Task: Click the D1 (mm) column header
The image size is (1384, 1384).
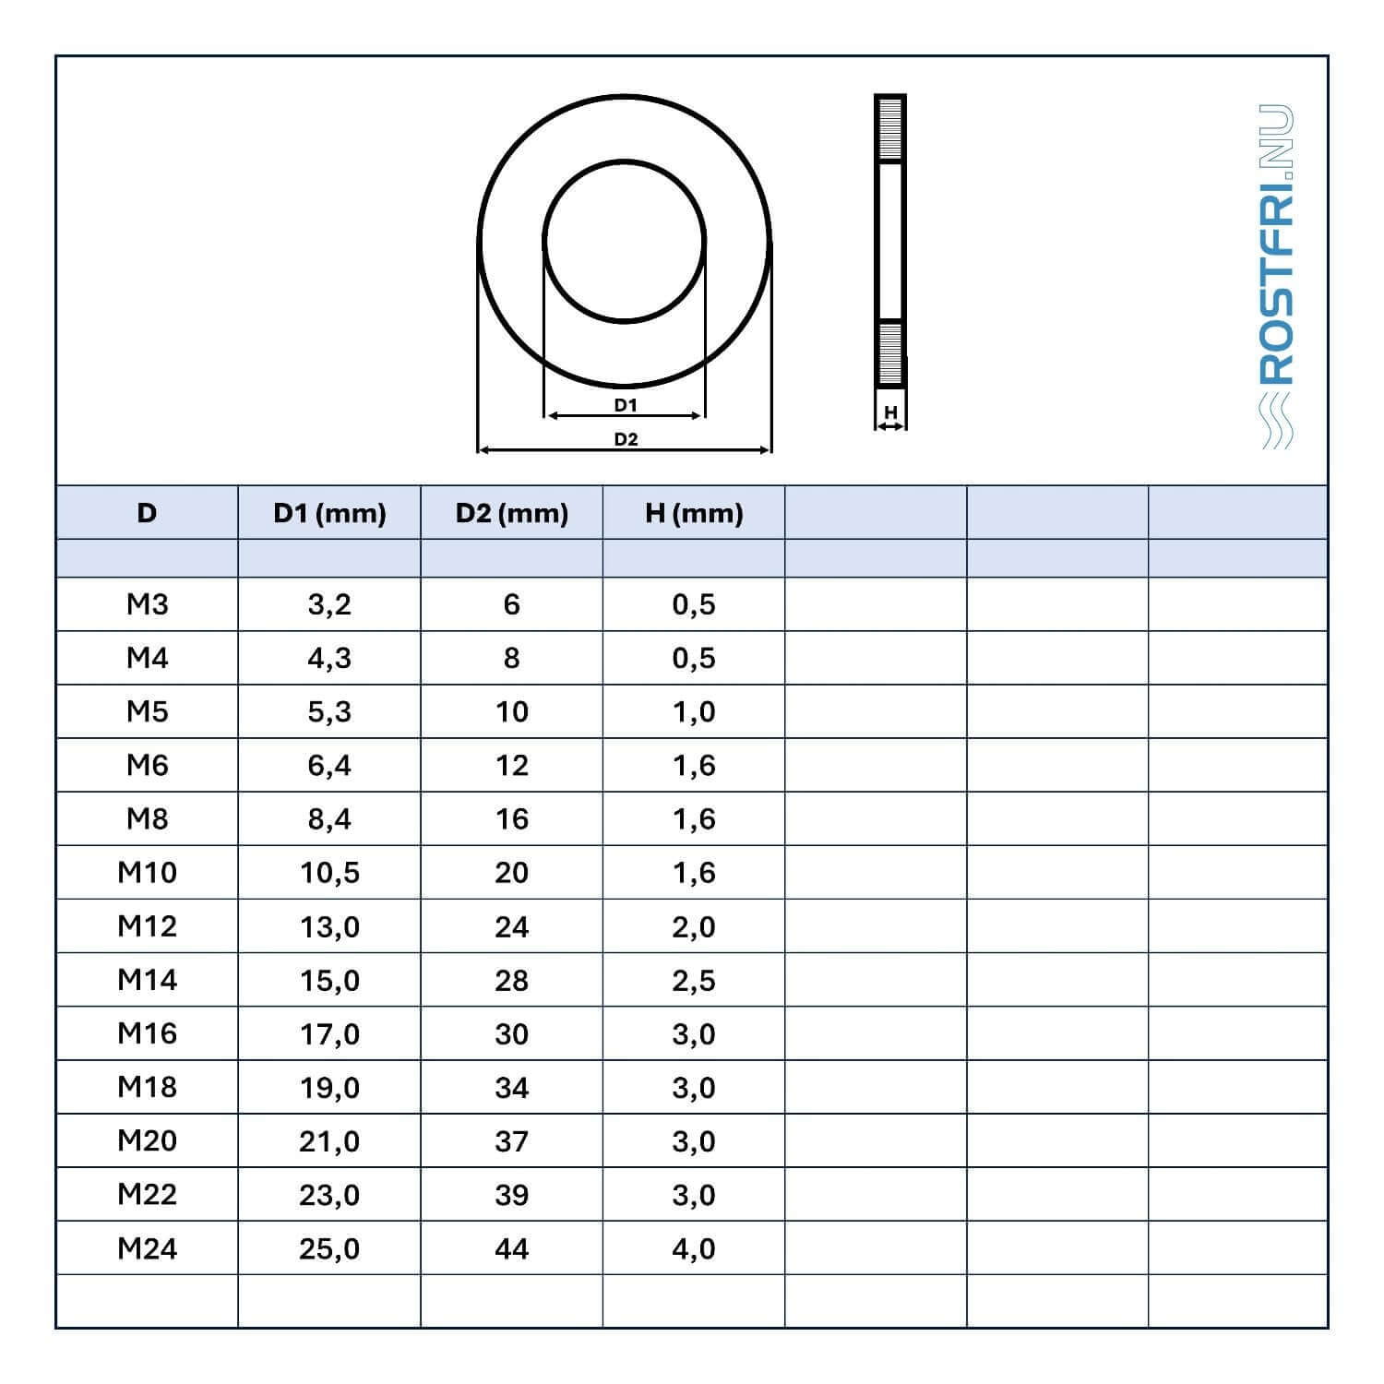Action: pos(329,513)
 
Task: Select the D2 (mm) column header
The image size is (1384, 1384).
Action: pos(511,513)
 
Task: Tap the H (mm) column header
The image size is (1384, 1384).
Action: pos(694,513)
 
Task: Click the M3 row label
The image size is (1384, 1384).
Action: pos(148,604)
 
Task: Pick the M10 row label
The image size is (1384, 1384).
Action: pos(148,872)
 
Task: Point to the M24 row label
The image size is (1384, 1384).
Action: pos(148,1248)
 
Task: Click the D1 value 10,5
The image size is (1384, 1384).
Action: pos(329,873)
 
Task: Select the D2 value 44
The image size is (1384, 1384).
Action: pos(511,1248)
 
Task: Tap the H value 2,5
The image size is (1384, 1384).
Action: pos(694,980)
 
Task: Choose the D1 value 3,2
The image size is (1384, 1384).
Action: pos(329,604)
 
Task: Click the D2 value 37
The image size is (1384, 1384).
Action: pos(511,1141)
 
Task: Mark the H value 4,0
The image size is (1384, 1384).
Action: pos(694,1248)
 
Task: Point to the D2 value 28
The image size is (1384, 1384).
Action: pos(511,980)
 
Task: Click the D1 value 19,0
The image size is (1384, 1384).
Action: pos(329,1088)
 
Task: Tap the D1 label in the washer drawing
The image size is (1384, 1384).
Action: pos(626,405)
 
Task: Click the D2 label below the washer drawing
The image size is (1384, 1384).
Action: pos(626,439)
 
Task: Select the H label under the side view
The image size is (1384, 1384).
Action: pos(890,412)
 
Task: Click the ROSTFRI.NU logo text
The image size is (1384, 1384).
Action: pos(1277,245)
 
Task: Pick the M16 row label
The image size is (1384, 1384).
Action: pos(148,1033)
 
